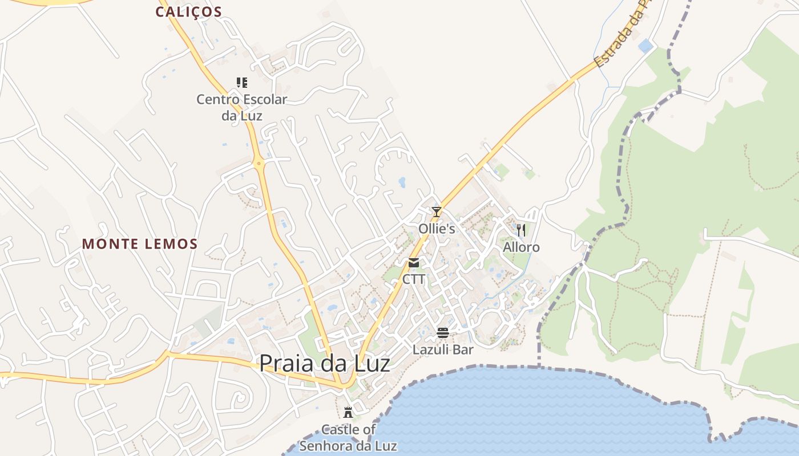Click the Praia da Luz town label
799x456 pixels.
(325, 364)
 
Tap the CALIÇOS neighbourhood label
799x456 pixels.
(188, 12)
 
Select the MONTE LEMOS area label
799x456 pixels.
(140, 244)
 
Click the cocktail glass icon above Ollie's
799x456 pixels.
(437, 212)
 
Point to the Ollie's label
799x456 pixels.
(437, 229)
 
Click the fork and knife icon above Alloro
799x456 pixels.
(520, 230)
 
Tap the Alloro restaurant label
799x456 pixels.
(521, 247)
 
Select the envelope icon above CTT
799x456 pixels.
(414, 263)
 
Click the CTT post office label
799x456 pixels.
(414, 279)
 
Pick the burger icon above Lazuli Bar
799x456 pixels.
(443, 332)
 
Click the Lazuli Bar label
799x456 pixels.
(443, 349)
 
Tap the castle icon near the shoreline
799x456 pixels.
(348, 412)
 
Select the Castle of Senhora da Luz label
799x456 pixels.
(348, 438)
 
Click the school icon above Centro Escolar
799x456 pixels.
(242, 83)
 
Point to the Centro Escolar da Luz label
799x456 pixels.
(242, 107)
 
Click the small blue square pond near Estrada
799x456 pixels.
(645, 46)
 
